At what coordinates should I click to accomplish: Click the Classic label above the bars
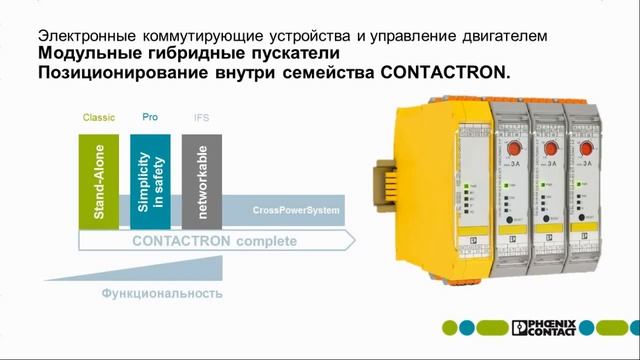pyautogui.click(x=98, y=118)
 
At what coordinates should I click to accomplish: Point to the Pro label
pyautogui.click(x=150, y=117)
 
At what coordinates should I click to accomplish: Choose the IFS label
pyautogui.click(x=201, y=118)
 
